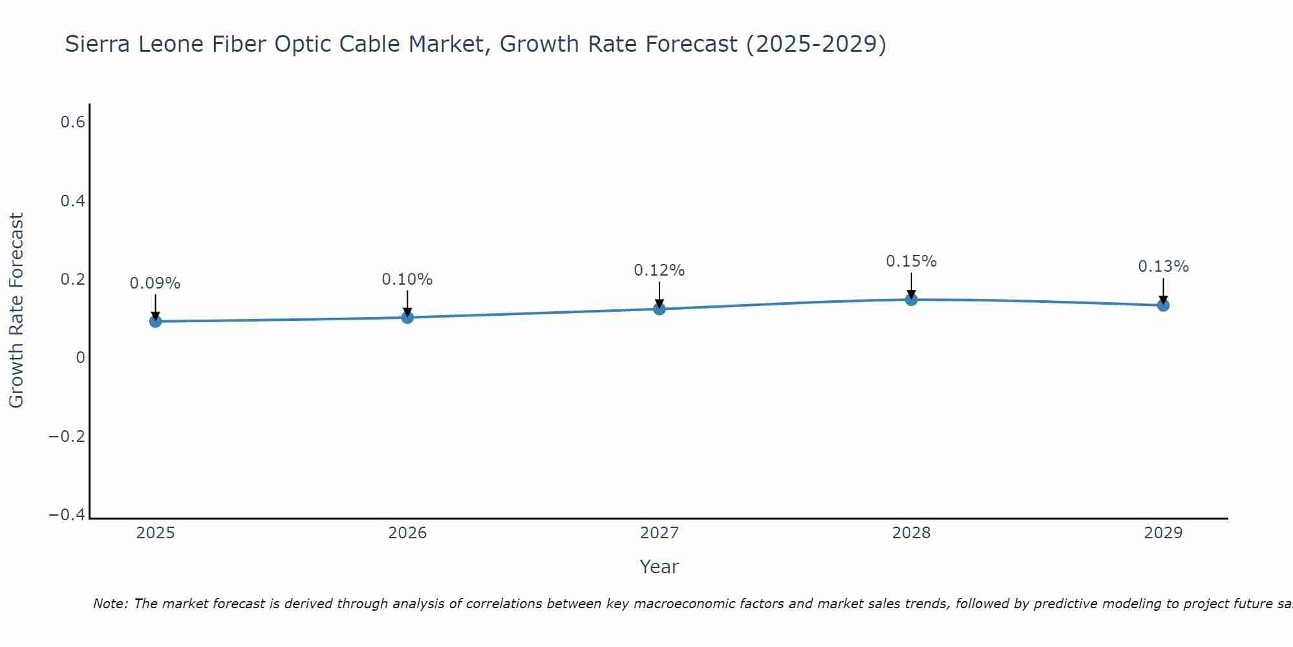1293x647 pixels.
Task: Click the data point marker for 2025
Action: coord(155,321)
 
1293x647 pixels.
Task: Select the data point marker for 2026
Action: coord(407,317)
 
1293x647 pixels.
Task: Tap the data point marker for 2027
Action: coord(659,309)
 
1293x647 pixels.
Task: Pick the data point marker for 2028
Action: coord(911,300)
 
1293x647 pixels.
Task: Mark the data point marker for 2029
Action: coord(1163,305)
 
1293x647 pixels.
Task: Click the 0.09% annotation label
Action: coord(155,283)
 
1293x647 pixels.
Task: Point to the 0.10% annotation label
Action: coord(407,280)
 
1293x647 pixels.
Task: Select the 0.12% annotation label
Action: coord(659,270)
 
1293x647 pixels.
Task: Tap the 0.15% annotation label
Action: coord(911,261)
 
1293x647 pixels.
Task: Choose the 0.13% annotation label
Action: coord(1163,267)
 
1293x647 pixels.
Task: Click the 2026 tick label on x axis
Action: coord(407,533)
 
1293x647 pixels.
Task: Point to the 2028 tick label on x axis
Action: coord(911,533)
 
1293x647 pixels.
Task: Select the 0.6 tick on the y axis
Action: coord(72,122)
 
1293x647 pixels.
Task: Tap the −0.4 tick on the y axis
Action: coord(67,515)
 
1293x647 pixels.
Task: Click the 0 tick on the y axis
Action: coord(80,358)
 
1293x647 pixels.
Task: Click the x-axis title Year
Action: coord(659,567)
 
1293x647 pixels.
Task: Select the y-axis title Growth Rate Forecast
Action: coord(16,311)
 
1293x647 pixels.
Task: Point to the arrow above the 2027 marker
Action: coord(659,294)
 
